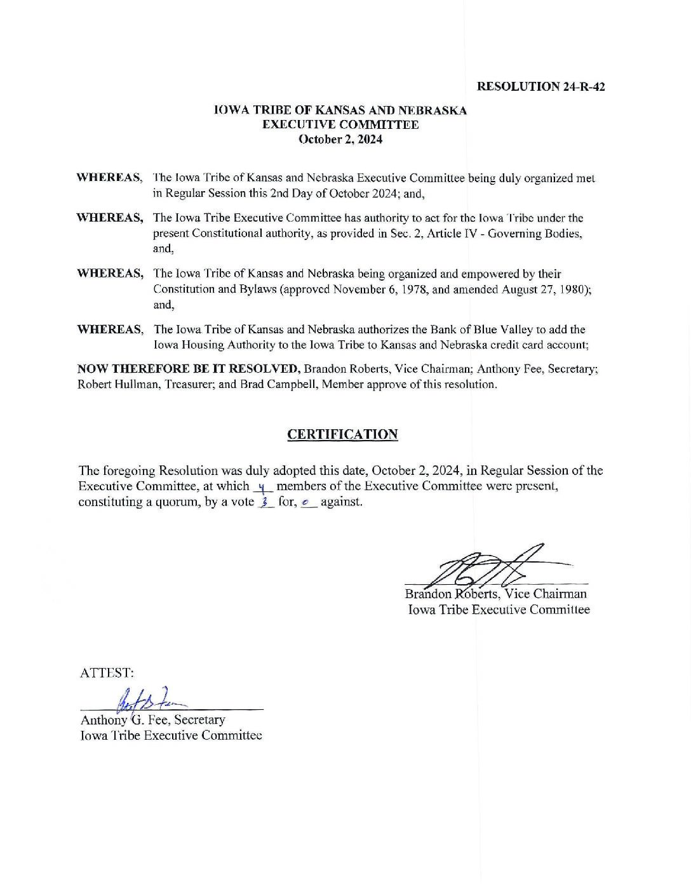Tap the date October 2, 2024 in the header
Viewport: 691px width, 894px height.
tap(340, 140)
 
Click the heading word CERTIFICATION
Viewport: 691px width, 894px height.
tap(342, 434)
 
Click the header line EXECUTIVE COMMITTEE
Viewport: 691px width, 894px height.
tap(340, 125)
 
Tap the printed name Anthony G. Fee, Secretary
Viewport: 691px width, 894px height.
tap(152, 720)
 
